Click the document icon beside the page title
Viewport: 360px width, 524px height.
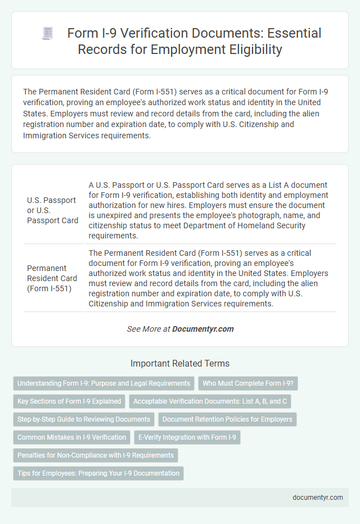pos(48,34)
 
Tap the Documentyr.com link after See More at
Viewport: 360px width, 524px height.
pos(203,329)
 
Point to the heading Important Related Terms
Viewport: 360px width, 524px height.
pos(180,363)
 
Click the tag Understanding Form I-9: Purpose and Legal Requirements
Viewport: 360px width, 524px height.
pos(103,383)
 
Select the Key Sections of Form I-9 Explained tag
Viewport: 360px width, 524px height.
pos(69,401)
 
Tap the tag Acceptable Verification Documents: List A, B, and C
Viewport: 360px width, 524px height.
pos(210,401)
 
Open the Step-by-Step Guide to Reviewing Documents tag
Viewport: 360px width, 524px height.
pos(84,419)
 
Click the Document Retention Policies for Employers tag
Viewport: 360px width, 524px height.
pos(228,419)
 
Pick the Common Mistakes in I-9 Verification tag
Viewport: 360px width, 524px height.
pos(71,437)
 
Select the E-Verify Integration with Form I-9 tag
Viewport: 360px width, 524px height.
pos(187,437)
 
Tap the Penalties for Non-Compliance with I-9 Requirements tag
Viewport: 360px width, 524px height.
pos(96,455)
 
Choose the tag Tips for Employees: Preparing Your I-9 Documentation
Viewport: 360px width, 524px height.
pos(98,473)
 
